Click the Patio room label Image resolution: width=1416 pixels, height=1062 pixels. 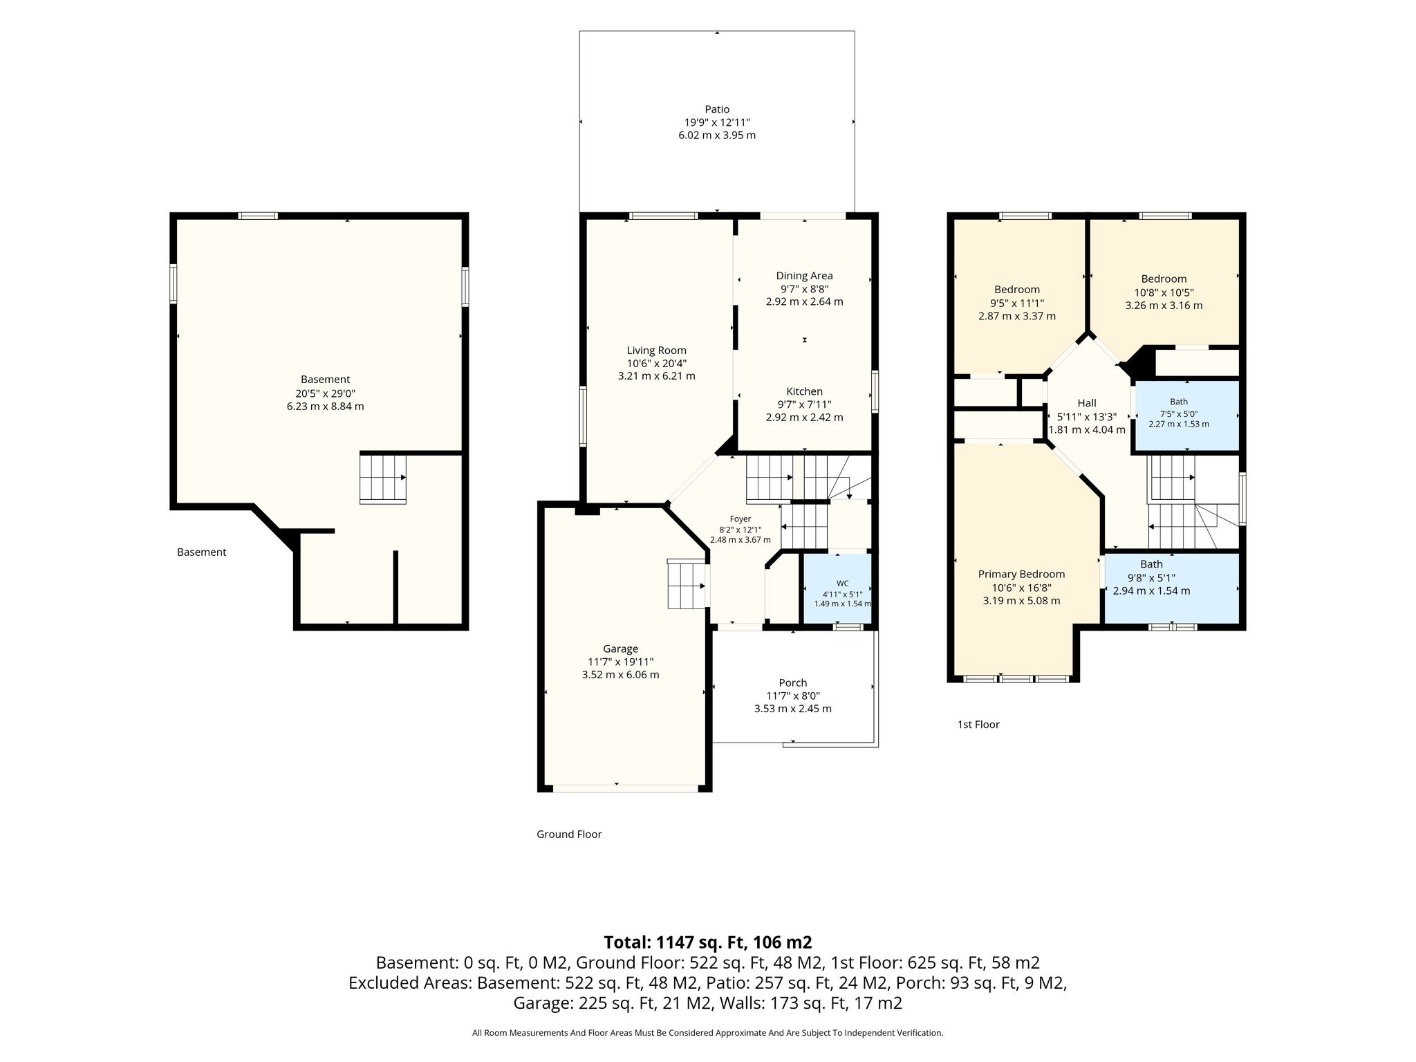click(x=717, y=109)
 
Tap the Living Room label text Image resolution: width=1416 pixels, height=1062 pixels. click(x=657, y=351)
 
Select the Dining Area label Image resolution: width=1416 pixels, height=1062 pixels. click(x=804, y=276)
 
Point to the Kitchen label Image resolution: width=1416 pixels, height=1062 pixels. click(x=804, y=391)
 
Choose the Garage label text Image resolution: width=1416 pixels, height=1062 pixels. click(x=620, y=649)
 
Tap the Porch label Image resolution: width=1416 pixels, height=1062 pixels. click(x=792, y=683)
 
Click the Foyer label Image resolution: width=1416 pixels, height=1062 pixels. click(x=740, y=519)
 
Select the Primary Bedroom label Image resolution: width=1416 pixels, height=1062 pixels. click(x=1021, y=575)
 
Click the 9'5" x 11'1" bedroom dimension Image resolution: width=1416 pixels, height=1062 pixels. click(x=1017, y=303)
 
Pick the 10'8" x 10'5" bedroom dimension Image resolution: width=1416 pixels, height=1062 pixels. click(x=1164, y=292)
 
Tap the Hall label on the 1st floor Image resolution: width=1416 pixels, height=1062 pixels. click(x=1087, y=403)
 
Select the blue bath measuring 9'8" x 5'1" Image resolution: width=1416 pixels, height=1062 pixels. click(x=1171, y=588)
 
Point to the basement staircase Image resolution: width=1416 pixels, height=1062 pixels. click(x=382, y=478)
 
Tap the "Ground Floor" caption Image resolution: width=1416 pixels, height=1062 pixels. click(x=569, y=835)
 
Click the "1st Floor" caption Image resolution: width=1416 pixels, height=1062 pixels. click(x=978, y=725)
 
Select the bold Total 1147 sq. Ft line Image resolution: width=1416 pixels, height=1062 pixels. click(x=708, y=942)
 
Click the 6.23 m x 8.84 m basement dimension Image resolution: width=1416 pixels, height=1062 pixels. click(x=325, y=407)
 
